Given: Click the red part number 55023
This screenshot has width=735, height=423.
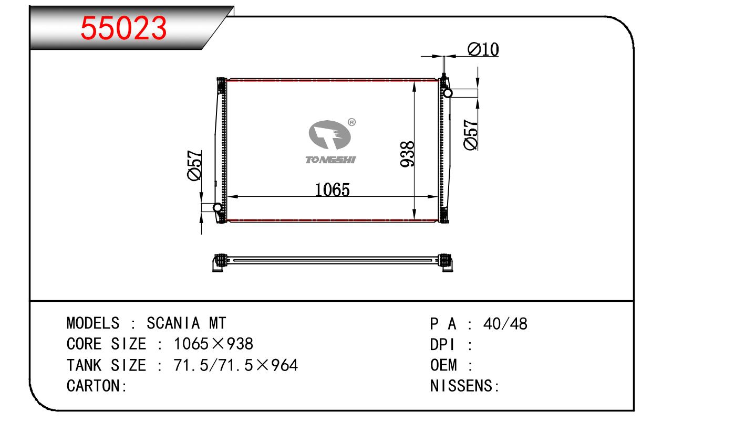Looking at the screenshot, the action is (123, 28).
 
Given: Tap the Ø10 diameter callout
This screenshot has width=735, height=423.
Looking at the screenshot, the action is (483, 49).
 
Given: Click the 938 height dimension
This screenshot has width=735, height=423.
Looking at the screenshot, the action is (407, 154).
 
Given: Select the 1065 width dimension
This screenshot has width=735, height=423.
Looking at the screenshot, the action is (333, 189).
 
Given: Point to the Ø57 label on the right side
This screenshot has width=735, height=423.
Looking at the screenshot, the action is (471, 135).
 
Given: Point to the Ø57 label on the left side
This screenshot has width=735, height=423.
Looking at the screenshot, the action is (194, 165).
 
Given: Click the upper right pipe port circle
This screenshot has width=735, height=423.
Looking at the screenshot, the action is (448, 93).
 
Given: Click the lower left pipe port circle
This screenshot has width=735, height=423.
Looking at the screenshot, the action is (217, 207).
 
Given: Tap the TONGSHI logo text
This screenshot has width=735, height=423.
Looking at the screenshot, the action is (330, 160).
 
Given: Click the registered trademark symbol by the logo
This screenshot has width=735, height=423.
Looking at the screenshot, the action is (351, 122).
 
